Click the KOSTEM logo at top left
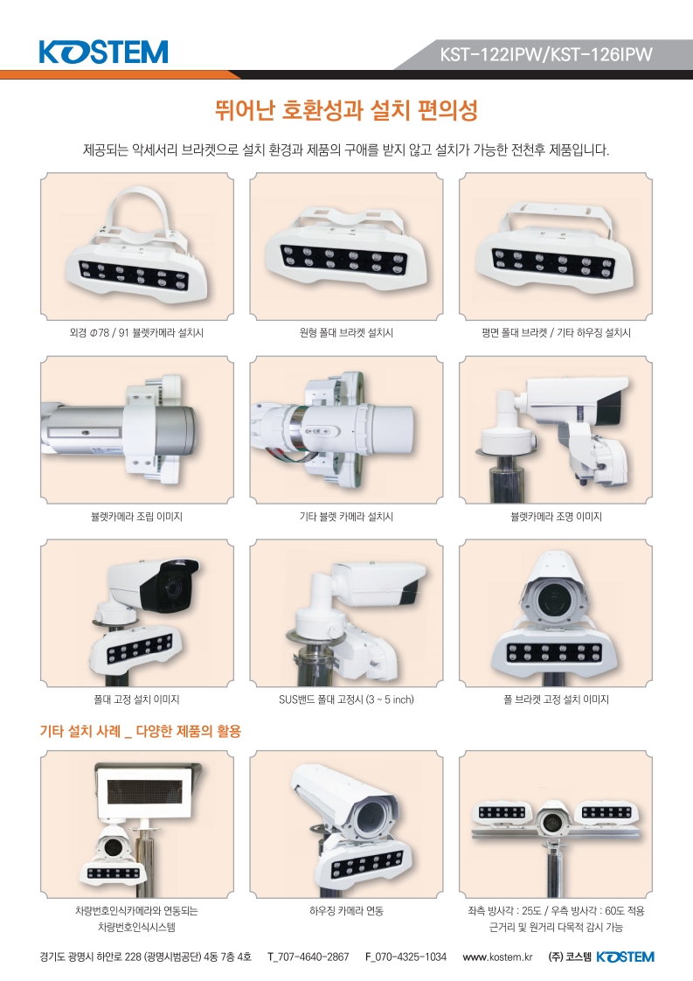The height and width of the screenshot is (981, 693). pyautogui.click(x=103, y=52)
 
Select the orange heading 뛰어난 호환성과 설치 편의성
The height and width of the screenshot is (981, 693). pyautogui.click(x=346, y=112)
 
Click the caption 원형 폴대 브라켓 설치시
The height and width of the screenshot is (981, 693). pyautogui.click(x=346, y=333)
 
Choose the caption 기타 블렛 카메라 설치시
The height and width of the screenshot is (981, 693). pyautogui.click(x=346, y=517)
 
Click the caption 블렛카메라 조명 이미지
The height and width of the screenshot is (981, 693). pyautogui.click(x=556, y=517)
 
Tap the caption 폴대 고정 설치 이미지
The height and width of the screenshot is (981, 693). pyautogui.click(x=136, y=699)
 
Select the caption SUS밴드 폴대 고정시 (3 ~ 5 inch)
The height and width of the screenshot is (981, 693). pyautogui.click(x=346, y=699)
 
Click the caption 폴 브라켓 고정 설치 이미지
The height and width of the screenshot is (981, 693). pyautogui.click(x=556, y=699)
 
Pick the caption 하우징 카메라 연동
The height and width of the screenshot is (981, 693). pyautogui.click(x=346, y=910)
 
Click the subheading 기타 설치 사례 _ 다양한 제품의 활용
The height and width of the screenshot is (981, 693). pyautogui.click(x=141, y=729)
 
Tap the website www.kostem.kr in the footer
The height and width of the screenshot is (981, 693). pyautogui.click(x=497, y=957)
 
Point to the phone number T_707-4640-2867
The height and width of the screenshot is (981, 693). pyautogui.click(x=308, y=957)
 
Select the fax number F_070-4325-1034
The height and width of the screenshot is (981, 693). pyautogui.click(x=405, y=957)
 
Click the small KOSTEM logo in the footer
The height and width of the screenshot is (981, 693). pyautogui.click(x=624, y=957)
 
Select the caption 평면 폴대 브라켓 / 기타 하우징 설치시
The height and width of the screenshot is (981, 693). pyautogui.click(x=556, y=333)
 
